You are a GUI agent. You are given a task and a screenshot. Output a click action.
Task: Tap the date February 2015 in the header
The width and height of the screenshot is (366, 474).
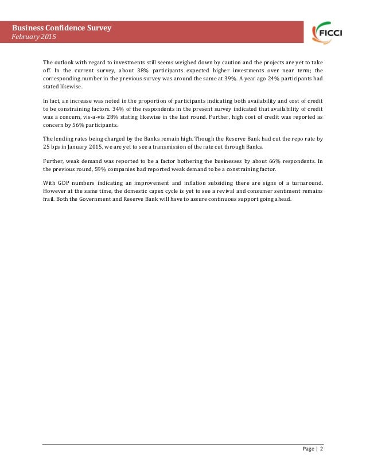point(36,37)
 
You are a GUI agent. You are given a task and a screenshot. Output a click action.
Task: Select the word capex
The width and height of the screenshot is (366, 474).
point(164,191)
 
